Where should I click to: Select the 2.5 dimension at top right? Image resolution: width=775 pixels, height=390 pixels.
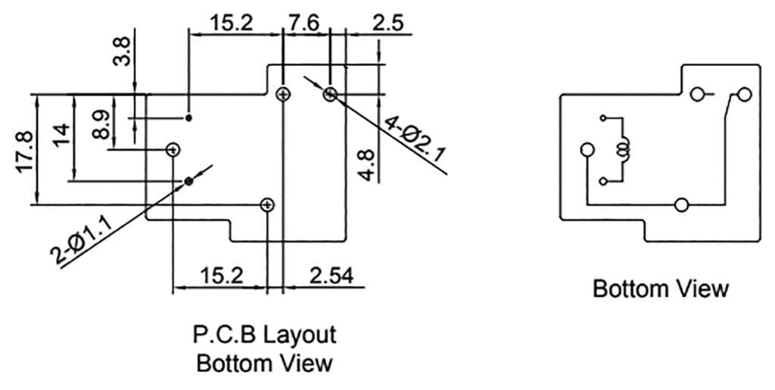[388, 22]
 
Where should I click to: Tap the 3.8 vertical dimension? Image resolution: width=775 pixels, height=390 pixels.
[122, 48]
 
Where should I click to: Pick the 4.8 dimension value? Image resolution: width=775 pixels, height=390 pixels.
[366, 164]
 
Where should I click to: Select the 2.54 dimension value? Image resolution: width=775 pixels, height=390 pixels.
[331, 276]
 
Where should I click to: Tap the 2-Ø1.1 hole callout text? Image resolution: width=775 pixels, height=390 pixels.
[82, 240]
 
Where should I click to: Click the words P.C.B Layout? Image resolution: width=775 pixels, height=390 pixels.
[264, 334]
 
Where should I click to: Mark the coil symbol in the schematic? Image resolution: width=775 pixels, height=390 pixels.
[624, 150]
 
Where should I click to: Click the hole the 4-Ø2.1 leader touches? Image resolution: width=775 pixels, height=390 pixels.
[330, 94]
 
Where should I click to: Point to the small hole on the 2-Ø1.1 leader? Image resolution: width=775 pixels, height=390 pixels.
[189, 181]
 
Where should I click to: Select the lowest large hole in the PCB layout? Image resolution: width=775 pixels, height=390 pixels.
[267, 204]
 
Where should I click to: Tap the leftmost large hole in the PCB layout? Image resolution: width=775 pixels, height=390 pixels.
[173, 149]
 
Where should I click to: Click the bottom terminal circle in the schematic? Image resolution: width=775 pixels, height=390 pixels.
[681, 204]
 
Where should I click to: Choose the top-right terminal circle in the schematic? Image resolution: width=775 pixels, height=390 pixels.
[745, 95]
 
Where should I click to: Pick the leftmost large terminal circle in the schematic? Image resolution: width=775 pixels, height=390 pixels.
[587, 150]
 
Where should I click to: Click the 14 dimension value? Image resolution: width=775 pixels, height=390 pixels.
[62, 134]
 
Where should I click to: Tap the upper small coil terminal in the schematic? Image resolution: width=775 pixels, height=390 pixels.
[603, 118]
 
